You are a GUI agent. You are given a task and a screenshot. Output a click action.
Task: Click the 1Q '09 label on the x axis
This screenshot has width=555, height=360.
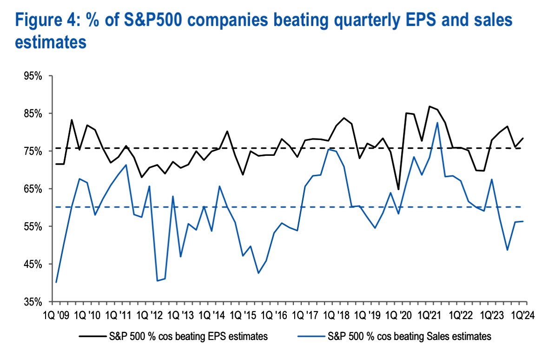point(57,314)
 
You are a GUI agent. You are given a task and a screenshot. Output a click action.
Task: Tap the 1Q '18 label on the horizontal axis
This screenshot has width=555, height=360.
point(336,314)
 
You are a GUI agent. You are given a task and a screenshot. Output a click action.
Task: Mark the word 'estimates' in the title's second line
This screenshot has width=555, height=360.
point(45,43)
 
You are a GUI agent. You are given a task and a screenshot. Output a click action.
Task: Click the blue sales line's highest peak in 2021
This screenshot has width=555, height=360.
point(437,123)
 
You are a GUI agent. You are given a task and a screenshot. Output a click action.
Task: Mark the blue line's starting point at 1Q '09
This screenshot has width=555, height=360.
point(56,282)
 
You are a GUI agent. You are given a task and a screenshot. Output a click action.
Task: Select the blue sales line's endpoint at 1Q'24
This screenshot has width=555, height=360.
point(523,221)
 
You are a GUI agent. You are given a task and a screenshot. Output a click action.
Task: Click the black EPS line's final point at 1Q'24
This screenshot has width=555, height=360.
point(523,138)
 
